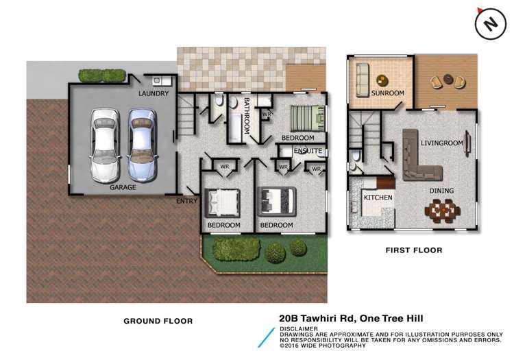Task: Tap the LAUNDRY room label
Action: [x=153, y=93]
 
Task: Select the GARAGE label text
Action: [x=123, y=187]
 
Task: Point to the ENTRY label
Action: [x=186, y=201]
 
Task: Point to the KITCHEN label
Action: [x=378, y=197]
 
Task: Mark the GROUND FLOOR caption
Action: [x=158, y=320]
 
